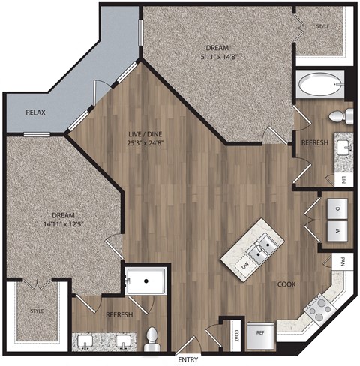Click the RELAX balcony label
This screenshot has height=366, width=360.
tap(36, 112)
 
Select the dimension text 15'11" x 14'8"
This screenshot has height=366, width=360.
tap(218, 55)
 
